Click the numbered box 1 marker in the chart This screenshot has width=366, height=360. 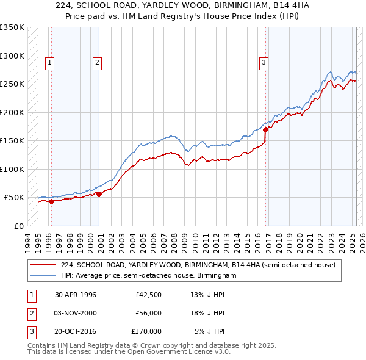click(49, 62)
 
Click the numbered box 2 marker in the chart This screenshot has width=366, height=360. click(97, 62)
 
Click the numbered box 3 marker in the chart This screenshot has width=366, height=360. click(264, 62)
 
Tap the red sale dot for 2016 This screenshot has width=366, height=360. click(265, 129)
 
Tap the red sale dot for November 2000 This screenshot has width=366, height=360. click(98, 194)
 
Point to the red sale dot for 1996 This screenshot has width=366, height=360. click(51, 201)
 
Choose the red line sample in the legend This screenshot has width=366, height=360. click(43, 265)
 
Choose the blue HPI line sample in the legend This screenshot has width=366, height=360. click(43, 275)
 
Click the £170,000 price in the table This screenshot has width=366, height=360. click(146, 331)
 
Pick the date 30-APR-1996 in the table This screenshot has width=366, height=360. click(76, 295)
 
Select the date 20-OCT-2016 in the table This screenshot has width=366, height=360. click(76, 331)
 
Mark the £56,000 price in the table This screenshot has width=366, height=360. click(148, 313)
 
